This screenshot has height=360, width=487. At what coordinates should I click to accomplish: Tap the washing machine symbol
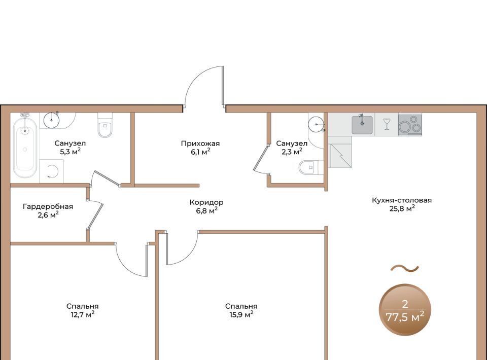pyautogui.click(x=52, y=171)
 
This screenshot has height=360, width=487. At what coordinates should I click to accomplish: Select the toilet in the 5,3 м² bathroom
pyautogui.click(x=105, y=125)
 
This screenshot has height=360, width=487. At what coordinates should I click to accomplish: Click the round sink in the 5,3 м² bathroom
pyautogui.click(x=51, y=120)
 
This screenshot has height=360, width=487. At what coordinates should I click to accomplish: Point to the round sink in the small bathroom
pyautogui.click(x=316, y=124)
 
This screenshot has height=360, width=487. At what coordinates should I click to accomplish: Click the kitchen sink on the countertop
pyautogui.click(x=362, y=125)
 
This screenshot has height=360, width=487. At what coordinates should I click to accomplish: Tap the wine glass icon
pyautogui.click(x=387, y=124)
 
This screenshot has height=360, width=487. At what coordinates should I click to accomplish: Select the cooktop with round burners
pyautogui.click(x=410, y=125)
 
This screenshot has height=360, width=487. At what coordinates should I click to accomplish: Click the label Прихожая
pyautogui.click(x=200, y=143)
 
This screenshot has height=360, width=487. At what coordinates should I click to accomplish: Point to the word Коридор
pyautogui.click(x=206, y=202)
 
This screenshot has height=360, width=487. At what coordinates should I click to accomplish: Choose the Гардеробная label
pyautogui.click(x=48, y=207)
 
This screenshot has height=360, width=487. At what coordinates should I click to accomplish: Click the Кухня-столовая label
pyautogui.click(x=402, y=200)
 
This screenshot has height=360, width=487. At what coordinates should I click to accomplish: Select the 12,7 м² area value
pyautogui.click(x=81, y=314)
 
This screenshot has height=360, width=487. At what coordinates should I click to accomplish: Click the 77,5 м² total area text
pyautogui.click(x=405, y=317)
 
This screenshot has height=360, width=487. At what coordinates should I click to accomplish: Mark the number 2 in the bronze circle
pyautogui.click(x=405, y=304)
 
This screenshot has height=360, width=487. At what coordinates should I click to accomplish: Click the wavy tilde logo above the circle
pyautogui.click(x=405, y=268)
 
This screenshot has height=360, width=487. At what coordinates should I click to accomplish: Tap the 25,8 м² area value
pyautogui.click(x=402, y=208)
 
